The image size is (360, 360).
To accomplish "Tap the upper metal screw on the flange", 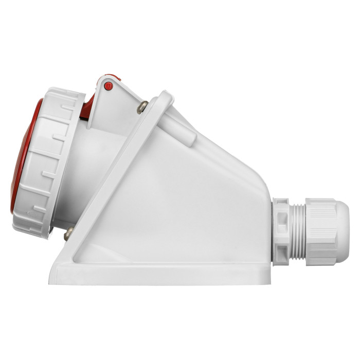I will pyautogui.click(x=142, y=107).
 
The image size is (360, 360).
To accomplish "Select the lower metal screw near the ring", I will pyautogui.click(x=68, y=235).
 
